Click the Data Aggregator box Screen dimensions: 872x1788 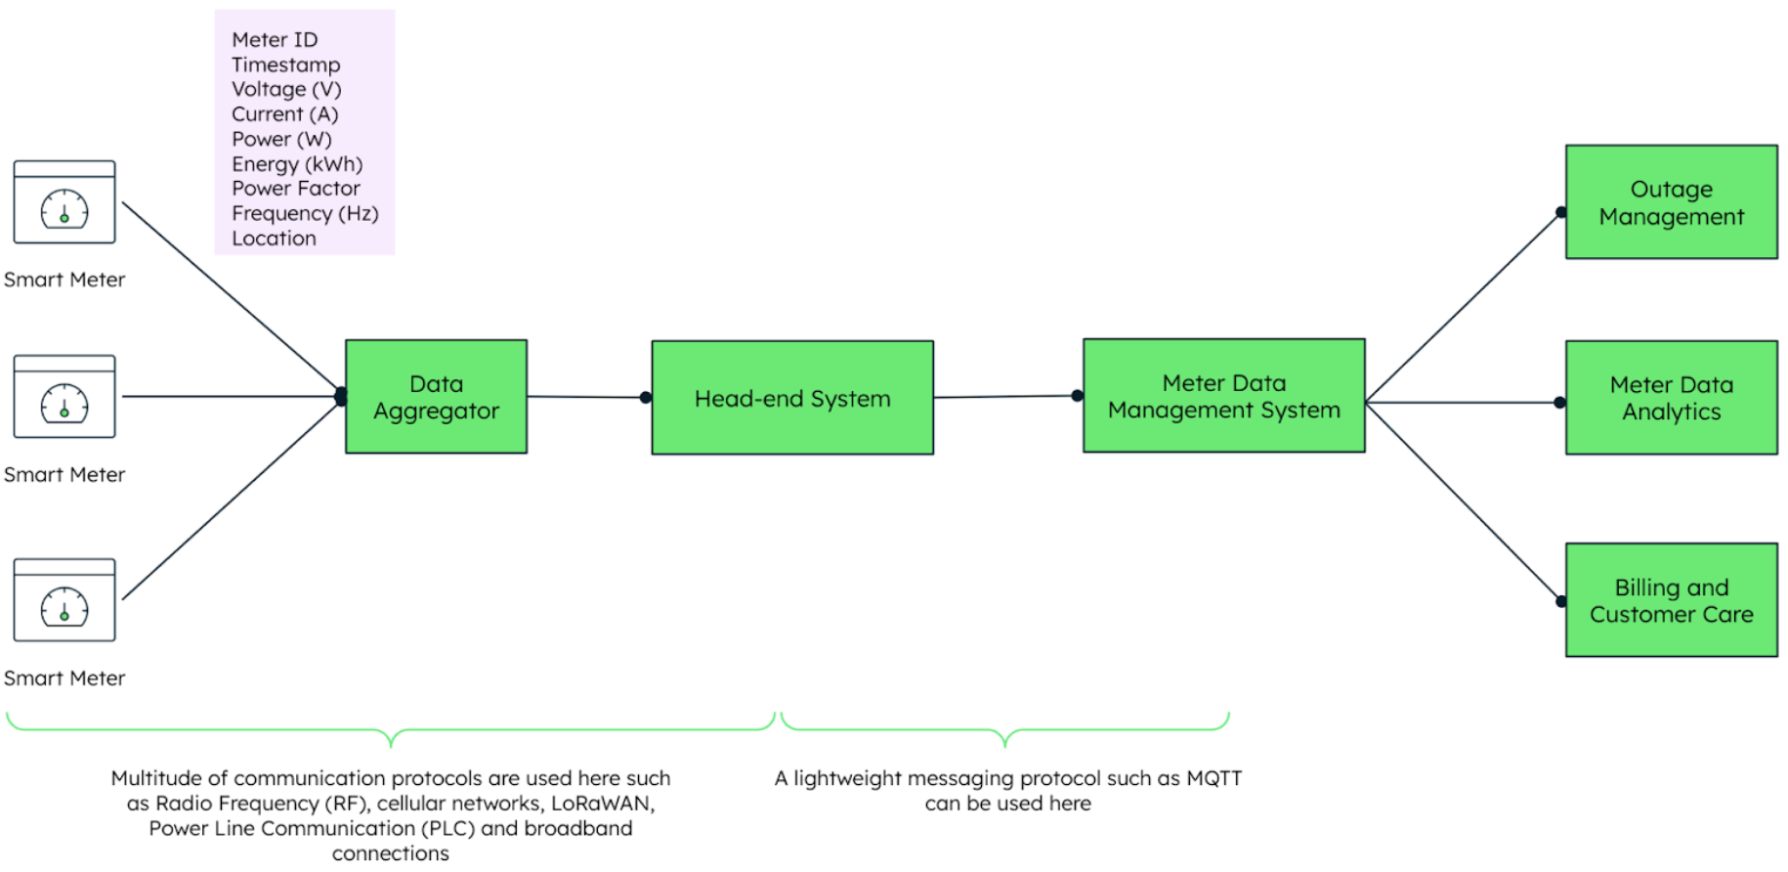coord(436,397)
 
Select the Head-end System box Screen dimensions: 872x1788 coord(792,398)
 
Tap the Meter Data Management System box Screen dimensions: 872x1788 coord(1223,396)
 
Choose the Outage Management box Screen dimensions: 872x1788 coord(1671,202)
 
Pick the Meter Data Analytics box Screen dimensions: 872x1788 coord(1671,398)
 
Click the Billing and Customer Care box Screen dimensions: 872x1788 coord(1671,600)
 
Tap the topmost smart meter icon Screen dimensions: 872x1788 coord(64,202)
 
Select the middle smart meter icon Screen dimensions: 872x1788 coord(64,397)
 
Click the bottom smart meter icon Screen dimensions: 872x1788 coord(64,600)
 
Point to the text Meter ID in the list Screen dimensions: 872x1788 coord(275,40)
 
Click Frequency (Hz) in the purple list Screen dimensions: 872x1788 coord(305,213)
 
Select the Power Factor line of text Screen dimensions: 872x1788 coord(295,189)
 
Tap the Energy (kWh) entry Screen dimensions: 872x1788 coord(297,164)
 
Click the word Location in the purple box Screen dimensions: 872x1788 coord(274,239)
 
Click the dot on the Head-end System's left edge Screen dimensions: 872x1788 coord(645,398)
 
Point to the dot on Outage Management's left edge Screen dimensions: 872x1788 coord(1561,212)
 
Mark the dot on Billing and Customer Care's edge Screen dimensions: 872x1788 coord(1561,601)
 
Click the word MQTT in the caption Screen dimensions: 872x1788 coord(1213,779)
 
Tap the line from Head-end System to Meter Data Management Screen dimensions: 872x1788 coord(1006,397)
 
